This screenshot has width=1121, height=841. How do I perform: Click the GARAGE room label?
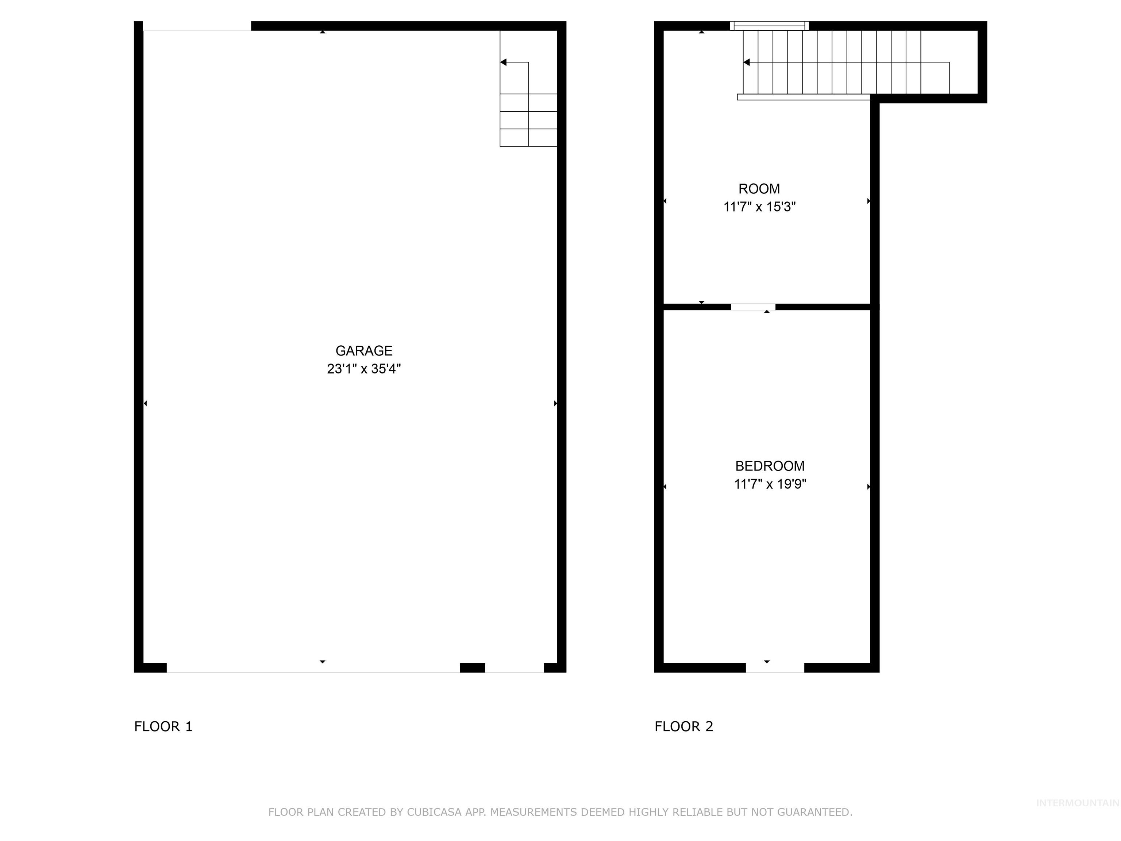coord(364,351)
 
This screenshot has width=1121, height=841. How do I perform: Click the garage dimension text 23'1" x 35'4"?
coord(364,369)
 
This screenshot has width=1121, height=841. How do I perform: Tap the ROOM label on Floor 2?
coord(759,189)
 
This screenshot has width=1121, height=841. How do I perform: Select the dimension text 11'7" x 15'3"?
coord(759,207)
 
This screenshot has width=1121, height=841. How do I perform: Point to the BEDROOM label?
coord(769,466)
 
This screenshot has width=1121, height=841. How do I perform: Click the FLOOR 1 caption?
coord(163,726)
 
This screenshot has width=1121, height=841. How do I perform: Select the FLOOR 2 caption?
coord(683,726)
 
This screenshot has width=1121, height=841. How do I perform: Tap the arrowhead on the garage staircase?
coord(503,62)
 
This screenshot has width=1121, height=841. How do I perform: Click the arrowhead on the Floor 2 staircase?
coord(747,62)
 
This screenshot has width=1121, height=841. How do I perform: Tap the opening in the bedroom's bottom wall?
coord(775,668)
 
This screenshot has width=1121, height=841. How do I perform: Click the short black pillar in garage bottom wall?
coord(472,668)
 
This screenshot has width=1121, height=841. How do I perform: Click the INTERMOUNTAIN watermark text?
coord(1077,803)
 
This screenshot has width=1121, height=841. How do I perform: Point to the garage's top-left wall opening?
coord(197,26)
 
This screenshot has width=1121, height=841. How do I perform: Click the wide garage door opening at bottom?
coord(313,668)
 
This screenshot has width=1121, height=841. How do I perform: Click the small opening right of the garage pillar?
coord(515,668)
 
